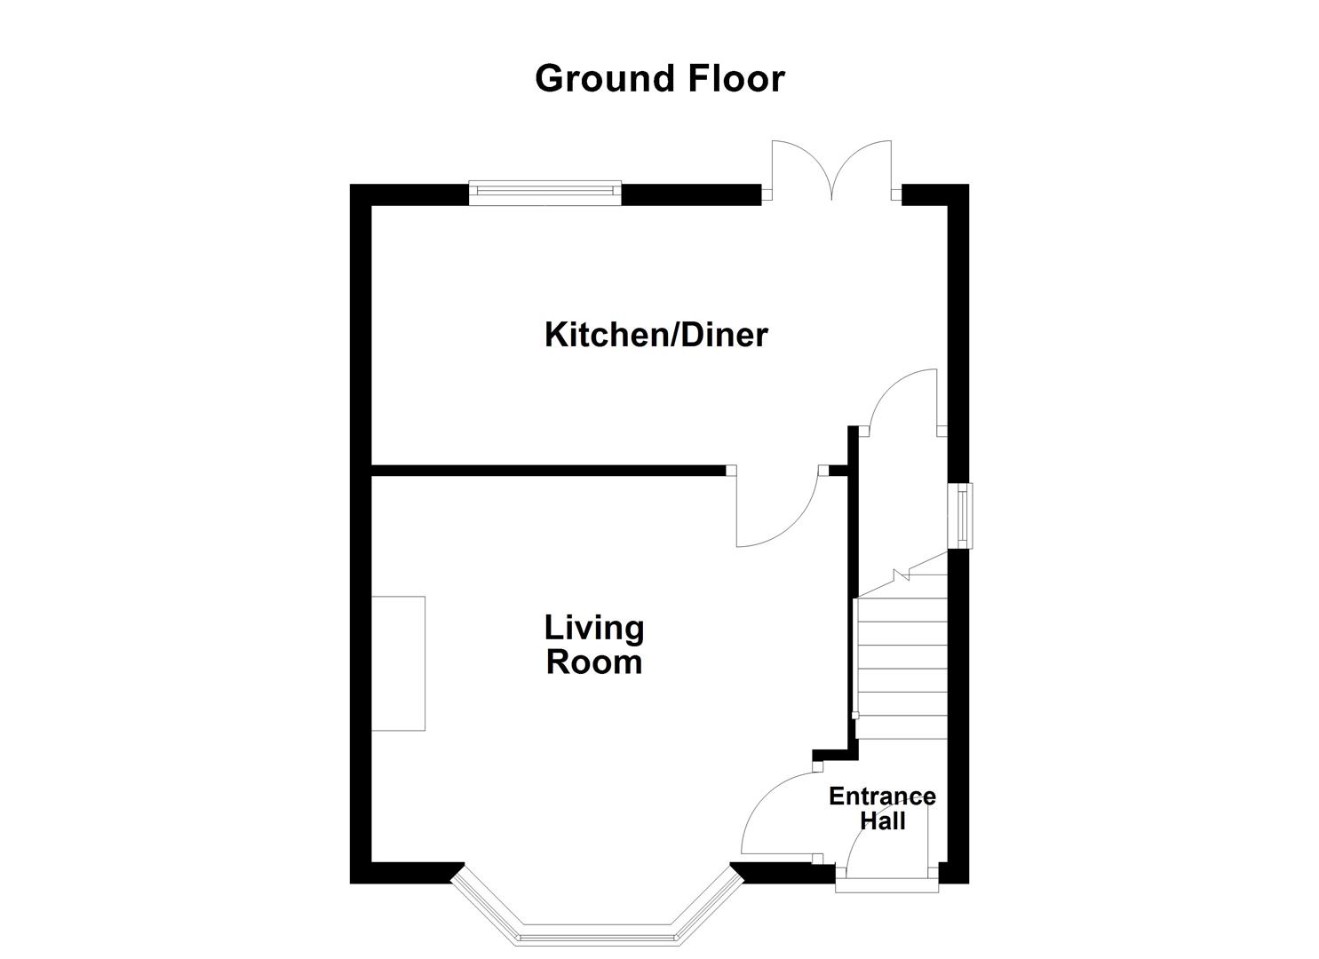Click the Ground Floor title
[x=659, y=78]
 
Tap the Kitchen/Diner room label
[x=656, y=336]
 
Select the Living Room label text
[x=593, y=646]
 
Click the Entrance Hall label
[x=881, y=808]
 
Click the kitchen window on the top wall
[x=544, y=193]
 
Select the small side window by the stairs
[x=960, y=515]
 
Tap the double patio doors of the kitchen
[x=831, y=171]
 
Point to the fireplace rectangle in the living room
[x=398, y=663]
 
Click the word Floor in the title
[x=735, y=78]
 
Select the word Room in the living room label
[x=593, y=663]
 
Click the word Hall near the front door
[x=882, y=821]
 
